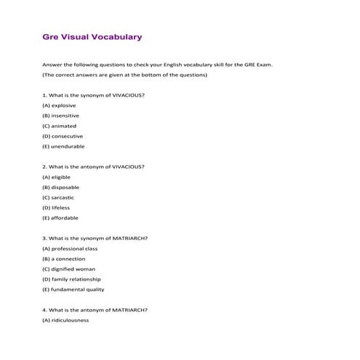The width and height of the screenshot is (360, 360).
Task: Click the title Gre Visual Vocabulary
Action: click(92, 36)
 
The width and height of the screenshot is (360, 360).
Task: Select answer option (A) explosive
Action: click(59, 105)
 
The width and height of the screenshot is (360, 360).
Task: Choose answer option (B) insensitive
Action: click(60, 116)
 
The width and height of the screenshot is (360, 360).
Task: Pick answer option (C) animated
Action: click(59, 126)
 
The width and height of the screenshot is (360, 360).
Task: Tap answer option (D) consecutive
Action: click(63, 136)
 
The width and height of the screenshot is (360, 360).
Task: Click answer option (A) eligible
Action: click(57, 177)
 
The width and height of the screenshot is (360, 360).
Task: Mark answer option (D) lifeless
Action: click(57, 207)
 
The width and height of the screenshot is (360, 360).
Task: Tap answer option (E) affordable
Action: click(60, 217)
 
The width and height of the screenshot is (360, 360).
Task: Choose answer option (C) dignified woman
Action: click(69, 268)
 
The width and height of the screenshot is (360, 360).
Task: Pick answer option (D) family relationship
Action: click(71, 279)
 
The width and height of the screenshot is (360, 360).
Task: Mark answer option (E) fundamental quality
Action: click(73, 289)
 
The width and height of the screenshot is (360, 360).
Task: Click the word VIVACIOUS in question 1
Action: click(129, 95)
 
